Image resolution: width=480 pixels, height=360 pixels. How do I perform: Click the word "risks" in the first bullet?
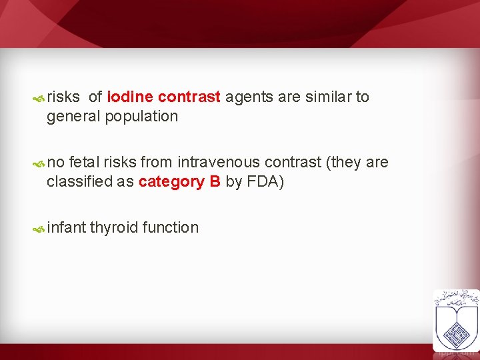(x=63, y=97)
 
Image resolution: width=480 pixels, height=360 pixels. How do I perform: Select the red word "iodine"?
(x=130, y=97)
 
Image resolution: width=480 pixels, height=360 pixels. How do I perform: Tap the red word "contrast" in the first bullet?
(x=189, y=97)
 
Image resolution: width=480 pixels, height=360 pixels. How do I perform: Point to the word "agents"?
(x=249, y=97)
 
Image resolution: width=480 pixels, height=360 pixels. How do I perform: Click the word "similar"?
(x=329, y=97)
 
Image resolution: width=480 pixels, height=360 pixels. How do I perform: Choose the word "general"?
(x=73, y=117)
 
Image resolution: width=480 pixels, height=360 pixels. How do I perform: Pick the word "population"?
(x=141, y=117)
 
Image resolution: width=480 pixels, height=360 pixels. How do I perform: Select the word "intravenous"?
(x=219, y=162)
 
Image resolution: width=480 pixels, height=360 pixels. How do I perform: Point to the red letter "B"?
(x=215, y=181)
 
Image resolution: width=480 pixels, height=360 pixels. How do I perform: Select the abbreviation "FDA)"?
(x=265, y=181)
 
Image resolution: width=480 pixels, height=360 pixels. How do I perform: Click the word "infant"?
(x=67, y=227)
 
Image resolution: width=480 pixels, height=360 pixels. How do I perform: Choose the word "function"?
(x=171, y=227)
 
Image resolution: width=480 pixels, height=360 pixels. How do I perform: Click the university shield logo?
(x=456, y=319)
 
